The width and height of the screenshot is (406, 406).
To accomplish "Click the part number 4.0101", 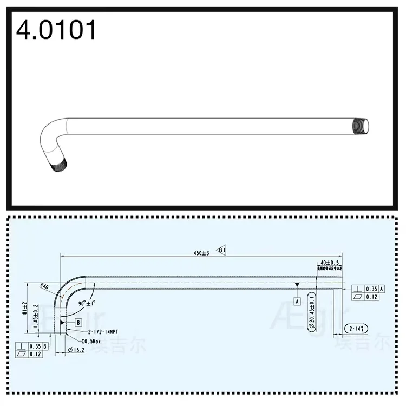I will [56, 30].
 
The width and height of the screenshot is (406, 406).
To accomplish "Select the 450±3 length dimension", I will [201, 253].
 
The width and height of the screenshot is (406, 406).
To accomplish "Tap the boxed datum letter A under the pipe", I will [297, 299].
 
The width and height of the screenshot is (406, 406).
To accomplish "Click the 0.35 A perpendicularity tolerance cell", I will [374, 289].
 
